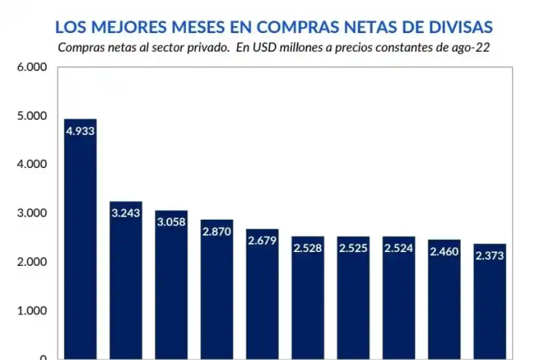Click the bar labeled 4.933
80,240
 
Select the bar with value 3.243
125,282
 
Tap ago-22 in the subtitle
473,48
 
